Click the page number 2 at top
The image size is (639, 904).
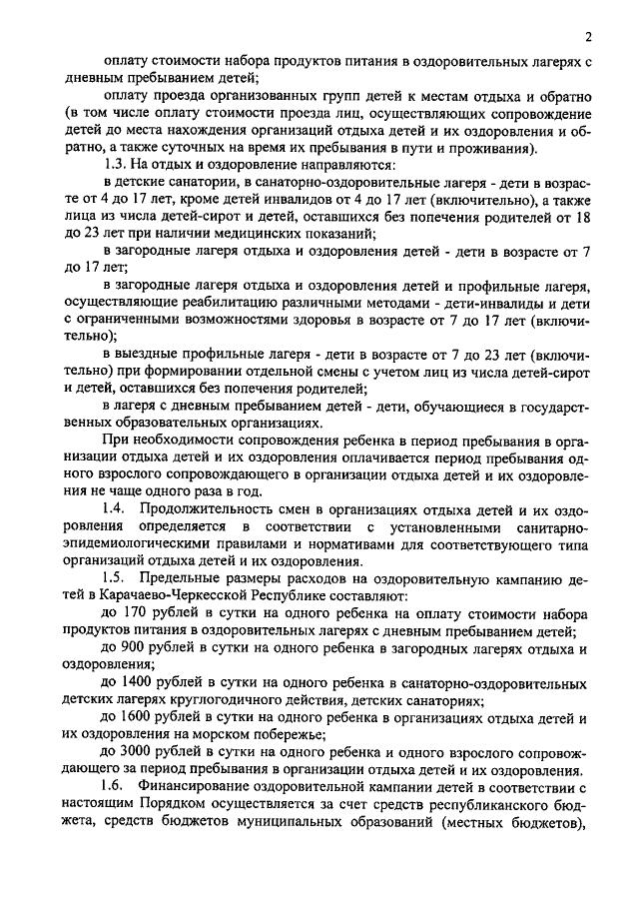pyautogui.click(x=589, y=37)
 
